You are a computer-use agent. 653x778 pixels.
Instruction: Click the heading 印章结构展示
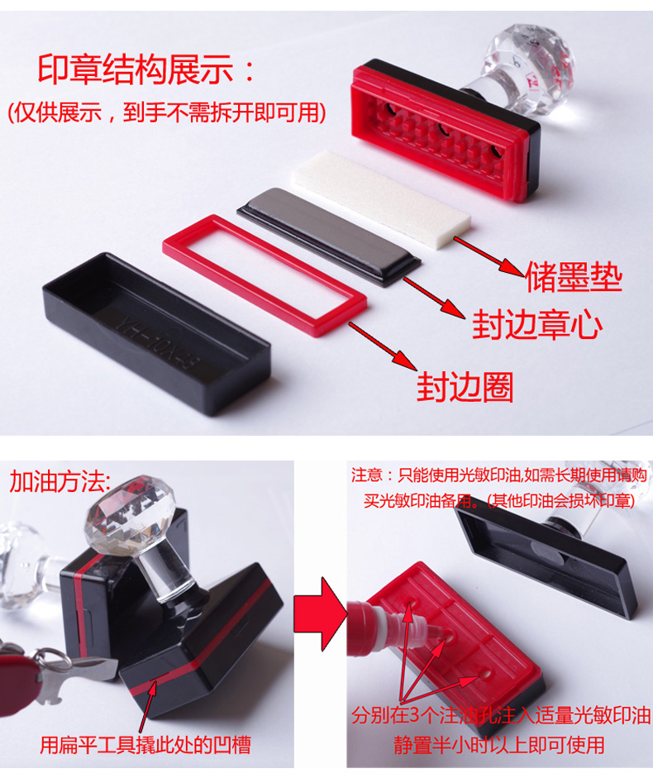point(135,69)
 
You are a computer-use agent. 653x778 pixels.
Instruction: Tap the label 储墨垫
point(574,277)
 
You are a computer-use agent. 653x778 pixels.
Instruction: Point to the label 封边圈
point(465,386)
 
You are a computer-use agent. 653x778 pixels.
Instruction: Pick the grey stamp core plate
point(329,236)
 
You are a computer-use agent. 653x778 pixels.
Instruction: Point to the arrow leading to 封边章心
point(434,297)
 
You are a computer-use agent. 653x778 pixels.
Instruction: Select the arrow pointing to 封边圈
point(383,346)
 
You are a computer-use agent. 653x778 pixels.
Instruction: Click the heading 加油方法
point(60,481)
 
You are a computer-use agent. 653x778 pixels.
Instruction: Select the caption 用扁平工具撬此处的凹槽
point(145,745)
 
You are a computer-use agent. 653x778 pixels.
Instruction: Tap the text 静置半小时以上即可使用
point(499,745)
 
